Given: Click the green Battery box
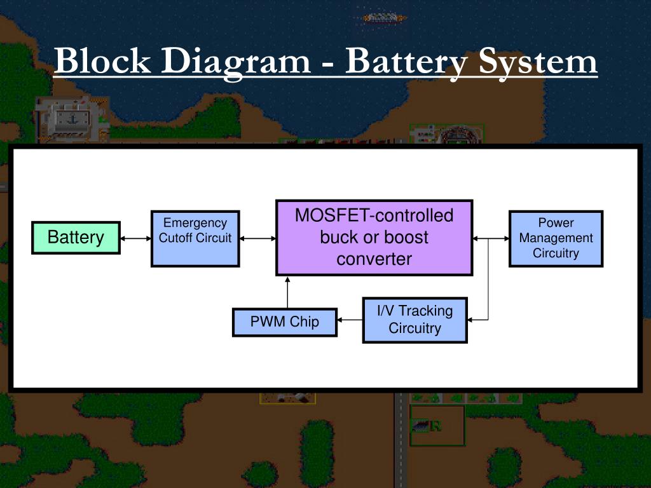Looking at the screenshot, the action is pos(76,238).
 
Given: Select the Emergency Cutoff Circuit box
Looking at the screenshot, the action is pos(195,239).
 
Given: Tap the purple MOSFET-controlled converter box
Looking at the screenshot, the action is pos(374,238).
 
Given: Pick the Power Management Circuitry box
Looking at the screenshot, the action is pos(556,239).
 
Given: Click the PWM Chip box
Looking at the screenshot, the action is pos(285,322).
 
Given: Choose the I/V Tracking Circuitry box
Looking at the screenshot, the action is pos(415,320).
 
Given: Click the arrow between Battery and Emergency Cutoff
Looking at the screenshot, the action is pos(136,239).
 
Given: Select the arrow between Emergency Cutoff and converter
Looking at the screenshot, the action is pos(258,239).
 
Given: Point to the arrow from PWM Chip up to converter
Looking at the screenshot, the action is pos(287,292).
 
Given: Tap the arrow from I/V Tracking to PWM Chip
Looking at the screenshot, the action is pos(350,320).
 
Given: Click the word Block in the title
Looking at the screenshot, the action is pos(102,60).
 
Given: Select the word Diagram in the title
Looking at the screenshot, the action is pos(236,62).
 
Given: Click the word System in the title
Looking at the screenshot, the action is pos(538,63).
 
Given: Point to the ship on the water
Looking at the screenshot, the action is pos(384,18).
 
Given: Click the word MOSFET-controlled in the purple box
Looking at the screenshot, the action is pos(374,216).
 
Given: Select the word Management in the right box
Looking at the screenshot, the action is pos(556,238).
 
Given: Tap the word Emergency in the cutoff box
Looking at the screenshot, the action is pos(195,223).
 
